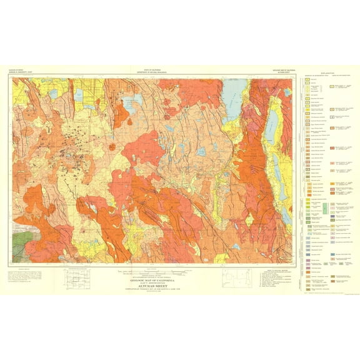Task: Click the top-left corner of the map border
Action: coord(13,78)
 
